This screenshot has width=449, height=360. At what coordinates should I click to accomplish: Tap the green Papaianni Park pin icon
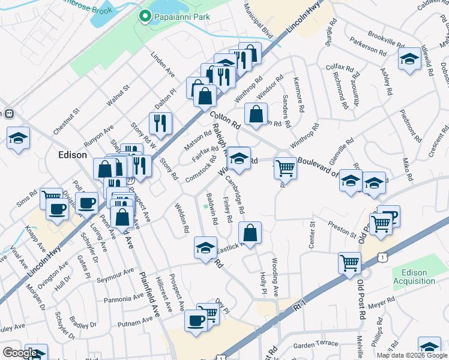(x=145, y=16)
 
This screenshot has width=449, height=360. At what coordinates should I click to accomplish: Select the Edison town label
(x=73, y=154)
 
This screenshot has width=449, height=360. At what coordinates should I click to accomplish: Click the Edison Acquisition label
(x=414, y=277)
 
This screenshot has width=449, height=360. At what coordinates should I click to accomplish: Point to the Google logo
(x=20, y=353)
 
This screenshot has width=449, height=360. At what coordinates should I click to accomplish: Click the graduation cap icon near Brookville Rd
(x=409, y=59)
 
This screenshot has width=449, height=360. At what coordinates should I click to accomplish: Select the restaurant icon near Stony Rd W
(x=160, y=123)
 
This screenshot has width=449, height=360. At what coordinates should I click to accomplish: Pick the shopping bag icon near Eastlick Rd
(x=250, y=232)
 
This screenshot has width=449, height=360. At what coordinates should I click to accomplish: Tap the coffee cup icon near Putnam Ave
(x=195, y=320)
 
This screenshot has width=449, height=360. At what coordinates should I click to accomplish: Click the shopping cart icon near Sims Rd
(x=51, y=199)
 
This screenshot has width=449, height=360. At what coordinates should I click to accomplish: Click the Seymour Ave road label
(x=117, y=275)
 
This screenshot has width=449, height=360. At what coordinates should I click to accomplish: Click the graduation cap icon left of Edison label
(x=19, y=137)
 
